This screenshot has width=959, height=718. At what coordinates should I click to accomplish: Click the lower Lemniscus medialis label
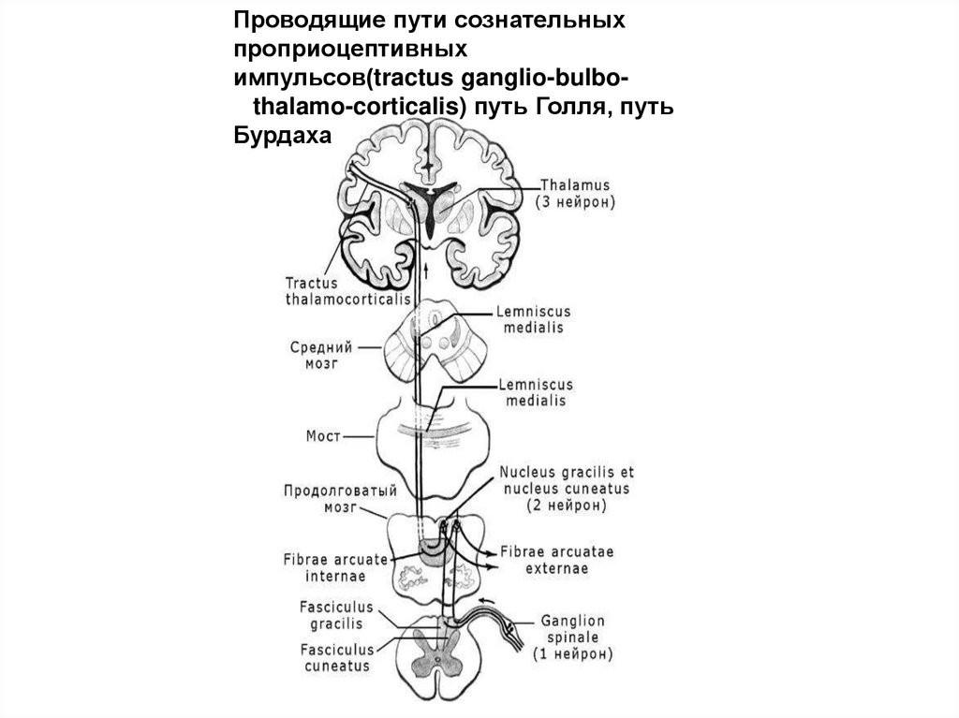pos(536,392)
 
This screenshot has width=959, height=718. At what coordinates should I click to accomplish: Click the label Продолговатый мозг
pos(323,499)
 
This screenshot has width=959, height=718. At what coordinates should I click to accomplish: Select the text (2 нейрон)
pos(566,504)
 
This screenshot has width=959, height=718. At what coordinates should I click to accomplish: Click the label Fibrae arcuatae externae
pos(557,559)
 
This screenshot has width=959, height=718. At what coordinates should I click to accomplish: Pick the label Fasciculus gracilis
pos(331,614)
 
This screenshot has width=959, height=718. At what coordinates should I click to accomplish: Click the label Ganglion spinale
pos(573,627)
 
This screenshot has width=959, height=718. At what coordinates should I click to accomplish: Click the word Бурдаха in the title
pos(282,136)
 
